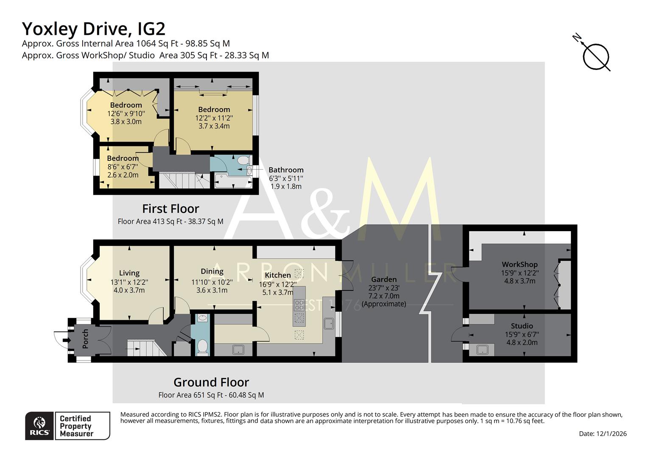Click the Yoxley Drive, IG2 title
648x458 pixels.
click(x=93, y=29)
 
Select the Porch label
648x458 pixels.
click(x=86, y=338)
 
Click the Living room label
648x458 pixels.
click(x=129, y=273)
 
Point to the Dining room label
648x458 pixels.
click(x=212, y=271)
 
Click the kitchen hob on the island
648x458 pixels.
click(x=299, y=305)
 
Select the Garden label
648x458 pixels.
click(x=384, y=279)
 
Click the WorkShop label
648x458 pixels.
click(x=520, y=264)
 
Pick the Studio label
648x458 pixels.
click(x=522, y=326)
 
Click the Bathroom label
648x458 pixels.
click(x=286, y=170)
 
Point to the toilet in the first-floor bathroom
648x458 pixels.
click(x=243, y=161)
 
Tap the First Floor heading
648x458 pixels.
click(x=170, y=209)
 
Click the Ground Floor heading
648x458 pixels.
click(x=211, y=383)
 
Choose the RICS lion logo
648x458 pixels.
click(x=39, y=425)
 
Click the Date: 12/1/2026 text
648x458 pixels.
click(x=603, y=433)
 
